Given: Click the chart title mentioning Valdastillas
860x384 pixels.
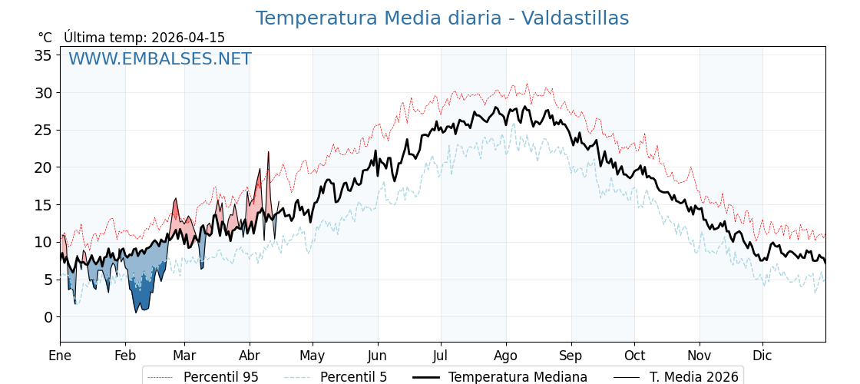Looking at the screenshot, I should [442, 18].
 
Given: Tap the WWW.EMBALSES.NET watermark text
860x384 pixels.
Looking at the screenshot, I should [160, 59].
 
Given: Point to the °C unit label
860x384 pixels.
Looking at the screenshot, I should [45, 38].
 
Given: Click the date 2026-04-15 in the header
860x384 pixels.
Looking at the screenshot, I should [188, 38].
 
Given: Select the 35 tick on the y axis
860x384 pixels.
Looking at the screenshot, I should [43, 55].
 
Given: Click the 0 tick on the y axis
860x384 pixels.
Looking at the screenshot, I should [48, 317].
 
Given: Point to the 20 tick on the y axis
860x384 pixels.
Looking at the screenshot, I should [43, 167].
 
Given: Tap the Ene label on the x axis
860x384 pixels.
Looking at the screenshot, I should [60, 356].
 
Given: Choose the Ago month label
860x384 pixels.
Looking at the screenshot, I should [506, 356].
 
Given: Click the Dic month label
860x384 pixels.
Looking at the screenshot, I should [762, 356].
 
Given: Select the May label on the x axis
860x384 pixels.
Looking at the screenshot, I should [313, 356].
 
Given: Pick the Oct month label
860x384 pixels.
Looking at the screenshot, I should [634, 356].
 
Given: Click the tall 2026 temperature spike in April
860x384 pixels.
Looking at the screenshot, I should [269, 154].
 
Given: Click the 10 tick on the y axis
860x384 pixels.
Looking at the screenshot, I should [43, 242].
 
